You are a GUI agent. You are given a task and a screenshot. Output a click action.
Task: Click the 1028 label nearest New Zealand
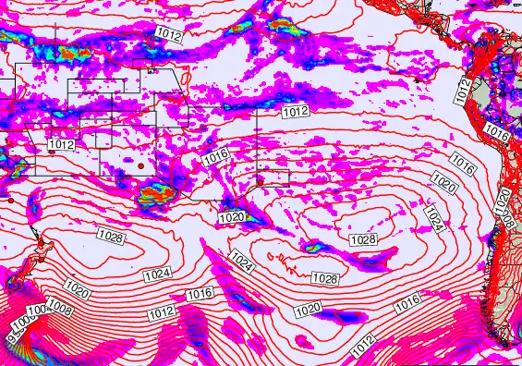click(110, 238)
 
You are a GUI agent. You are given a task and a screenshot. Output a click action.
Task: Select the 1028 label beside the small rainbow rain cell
click(363, 239)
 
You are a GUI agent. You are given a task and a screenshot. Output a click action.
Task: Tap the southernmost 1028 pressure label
click(323, 278)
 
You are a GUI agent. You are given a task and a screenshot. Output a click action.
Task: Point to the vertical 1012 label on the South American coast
click(463, 91)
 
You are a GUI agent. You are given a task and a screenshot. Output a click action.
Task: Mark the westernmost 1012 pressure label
click(62, 145)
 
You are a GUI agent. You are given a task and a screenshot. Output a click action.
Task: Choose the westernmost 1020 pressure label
click(79, 292)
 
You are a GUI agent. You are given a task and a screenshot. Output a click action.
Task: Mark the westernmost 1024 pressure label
click(157, 274)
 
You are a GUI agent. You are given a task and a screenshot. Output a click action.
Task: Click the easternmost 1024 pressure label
click(434, 218)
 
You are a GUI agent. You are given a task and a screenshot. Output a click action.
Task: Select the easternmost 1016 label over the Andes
click(497, 133)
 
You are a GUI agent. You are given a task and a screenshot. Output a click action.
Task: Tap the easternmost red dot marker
click(261, 180)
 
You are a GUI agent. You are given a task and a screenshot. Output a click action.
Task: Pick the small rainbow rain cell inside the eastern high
click(311, 247)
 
